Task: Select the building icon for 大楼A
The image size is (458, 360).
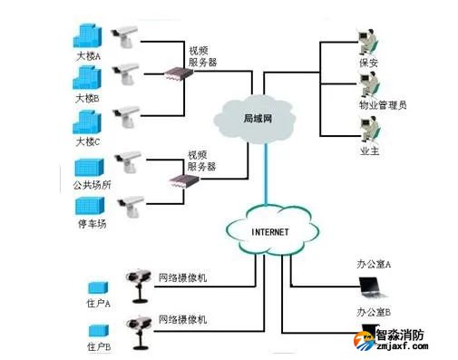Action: click(x=88, y=36)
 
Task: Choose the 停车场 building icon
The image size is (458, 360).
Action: click(x=90, y=204)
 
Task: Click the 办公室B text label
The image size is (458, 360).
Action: click(x=374, y=312)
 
